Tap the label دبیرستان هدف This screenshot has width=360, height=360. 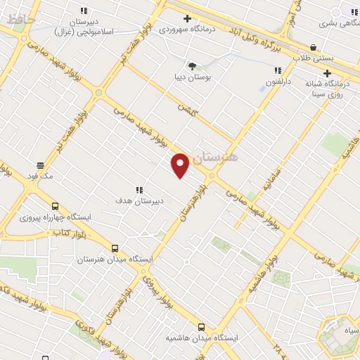(139, 200)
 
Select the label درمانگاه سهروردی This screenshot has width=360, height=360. (181, 30)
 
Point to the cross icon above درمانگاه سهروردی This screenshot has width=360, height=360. (186, 18)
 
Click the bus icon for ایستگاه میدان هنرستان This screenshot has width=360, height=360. (115, 248)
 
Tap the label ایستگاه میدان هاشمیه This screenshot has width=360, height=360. (202, 337)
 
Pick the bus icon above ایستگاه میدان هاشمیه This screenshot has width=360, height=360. (202, 327)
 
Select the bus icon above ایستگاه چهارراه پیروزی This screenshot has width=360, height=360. (75, 207)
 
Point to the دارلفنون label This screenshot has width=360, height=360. (278, 82)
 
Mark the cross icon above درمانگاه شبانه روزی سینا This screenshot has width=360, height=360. (327, 73)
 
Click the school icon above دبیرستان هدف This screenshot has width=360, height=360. (139, 189)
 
